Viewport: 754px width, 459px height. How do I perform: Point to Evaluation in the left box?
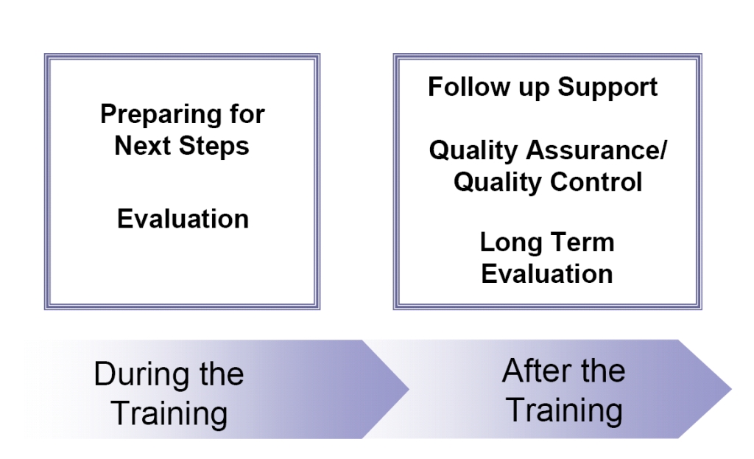[183, 219]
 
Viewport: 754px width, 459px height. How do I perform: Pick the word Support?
[607, 88]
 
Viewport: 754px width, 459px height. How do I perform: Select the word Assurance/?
[603, 150]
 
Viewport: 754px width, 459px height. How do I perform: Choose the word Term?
[582, 242]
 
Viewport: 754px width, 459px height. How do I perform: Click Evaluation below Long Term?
[546, 274]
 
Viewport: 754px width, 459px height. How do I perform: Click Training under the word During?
[169, 413]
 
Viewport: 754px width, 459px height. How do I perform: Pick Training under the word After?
[564, 410]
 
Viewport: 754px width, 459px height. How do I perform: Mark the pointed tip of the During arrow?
[406, 389]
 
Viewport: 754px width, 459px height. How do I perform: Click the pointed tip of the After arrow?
[730, 388]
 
